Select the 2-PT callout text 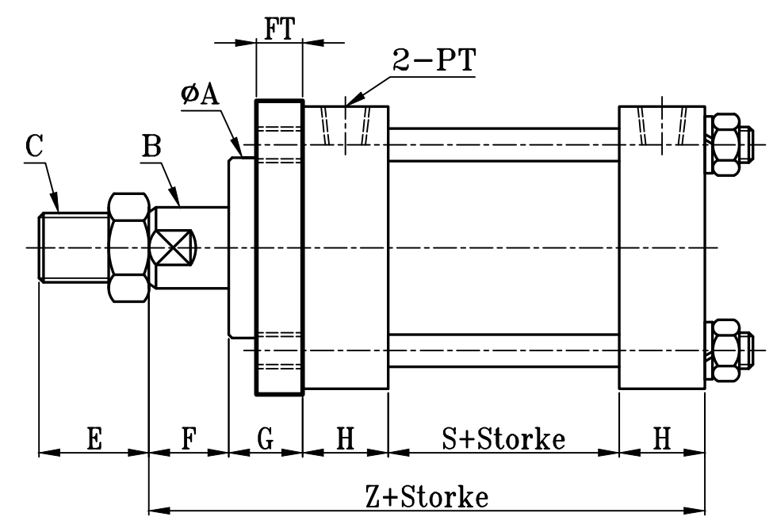point(434,61)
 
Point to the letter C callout point(34,147)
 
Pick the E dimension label point(94,439)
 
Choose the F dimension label point(189,439)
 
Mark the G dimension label point(266,439)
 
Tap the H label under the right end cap point(662,439)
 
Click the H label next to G point(345,439)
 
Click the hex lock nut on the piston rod point(128,247)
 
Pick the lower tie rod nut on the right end point(728,350)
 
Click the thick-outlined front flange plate point(278,247)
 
